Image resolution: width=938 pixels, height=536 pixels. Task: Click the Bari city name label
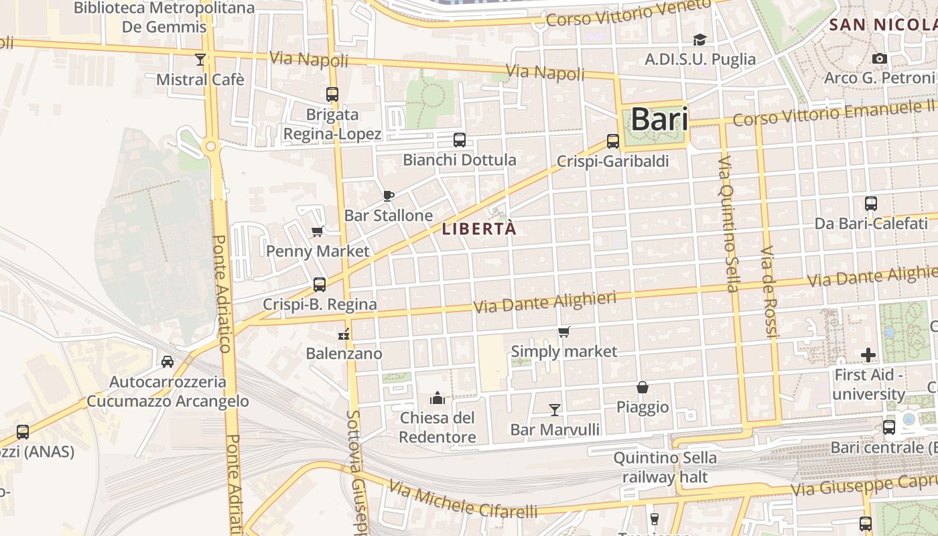click(659, 119)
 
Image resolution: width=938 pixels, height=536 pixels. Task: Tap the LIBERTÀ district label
click(479, 228)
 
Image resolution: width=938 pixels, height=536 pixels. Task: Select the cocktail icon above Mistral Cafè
click(200, 59)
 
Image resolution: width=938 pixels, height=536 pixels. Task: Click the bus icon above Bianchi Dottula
click(460, 140)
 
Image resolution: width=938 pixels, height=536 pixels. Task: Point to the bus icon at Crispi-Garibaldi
click(613, 141)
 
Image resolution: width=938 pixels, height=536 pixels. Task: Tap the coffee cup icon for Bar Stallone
click(388, 196)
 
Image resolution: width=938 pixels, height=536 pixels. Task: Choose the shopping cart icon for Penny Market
click(318, 232)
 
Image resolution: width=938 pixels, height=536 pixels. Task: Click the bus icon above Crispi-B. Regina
click(320, 285)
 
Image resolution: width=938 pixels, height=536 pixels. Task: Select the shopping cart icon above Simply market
click(564, 332)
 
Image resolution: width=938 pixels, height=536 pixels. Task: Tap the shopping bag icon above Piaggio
click(643, 387)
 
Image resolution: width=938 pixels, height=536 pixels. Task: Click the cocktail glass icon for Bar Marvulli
click(555, 409)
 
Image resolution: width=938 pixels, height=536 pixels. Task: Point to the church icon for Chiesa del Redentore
click(438, 398)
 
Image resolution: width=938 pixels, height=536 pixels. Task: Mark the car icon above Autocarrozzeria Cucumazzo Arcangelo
click(167, 362)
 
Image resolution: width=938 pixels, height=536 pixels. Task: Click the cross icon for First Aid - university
click(868, 354)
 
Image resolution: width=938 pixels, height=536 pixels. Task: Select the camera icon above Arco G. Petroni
click(880, 59)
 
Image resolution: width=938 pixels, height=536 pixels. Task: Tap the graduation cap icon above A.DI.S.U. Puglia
click(699, 40)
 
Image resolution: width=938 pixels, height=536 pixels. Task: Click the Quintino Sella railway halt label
click(665, 468)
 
